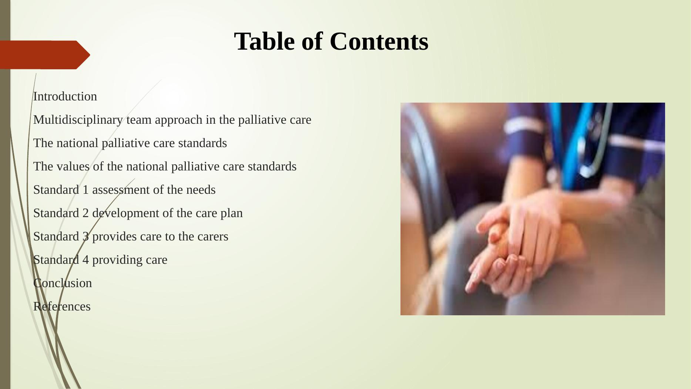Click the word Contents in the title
(x=379, y=41)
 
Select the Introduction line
(x=65, y=96)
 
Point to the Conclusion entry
(x=63, y=283)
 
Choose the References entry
(x=62, y=306)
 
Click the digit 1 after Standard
(x=85, y=190)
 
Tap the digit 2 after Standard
(x=85, y=213)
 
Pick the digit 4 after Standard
(x=85, y=260)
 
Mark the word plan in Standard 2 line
(x=232, y=213)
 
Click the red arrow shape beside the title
(x=45, y=55)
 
